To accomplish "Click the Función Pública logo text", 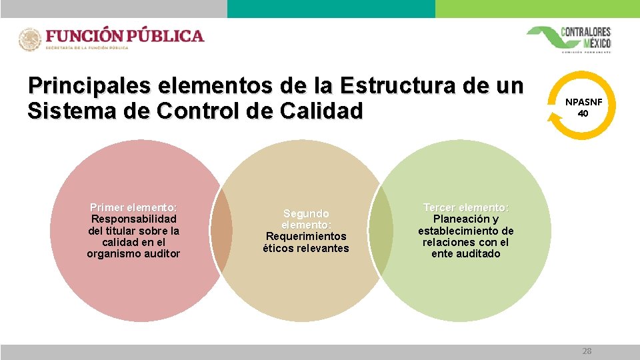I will coord(125,36).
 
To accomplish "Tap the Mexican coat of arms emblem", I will coord(30,40).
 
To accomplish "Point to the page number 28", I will coord(587,351).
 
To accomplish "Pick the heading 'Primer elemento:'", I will coord(133,207).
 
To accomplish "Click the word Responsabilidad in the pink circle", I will coord(133,219).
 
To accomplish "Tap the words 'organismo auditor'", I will coord(133,254).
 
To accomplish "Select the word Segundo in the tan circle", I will coord(306,213).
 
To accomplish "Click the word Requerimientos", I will coord(306,236).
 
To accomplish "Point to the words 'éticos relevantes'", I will coord(306,248).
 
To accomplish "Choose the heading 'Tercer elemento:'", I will coord(466,207).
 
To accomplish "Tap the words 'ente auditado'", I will coord(466,254).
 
